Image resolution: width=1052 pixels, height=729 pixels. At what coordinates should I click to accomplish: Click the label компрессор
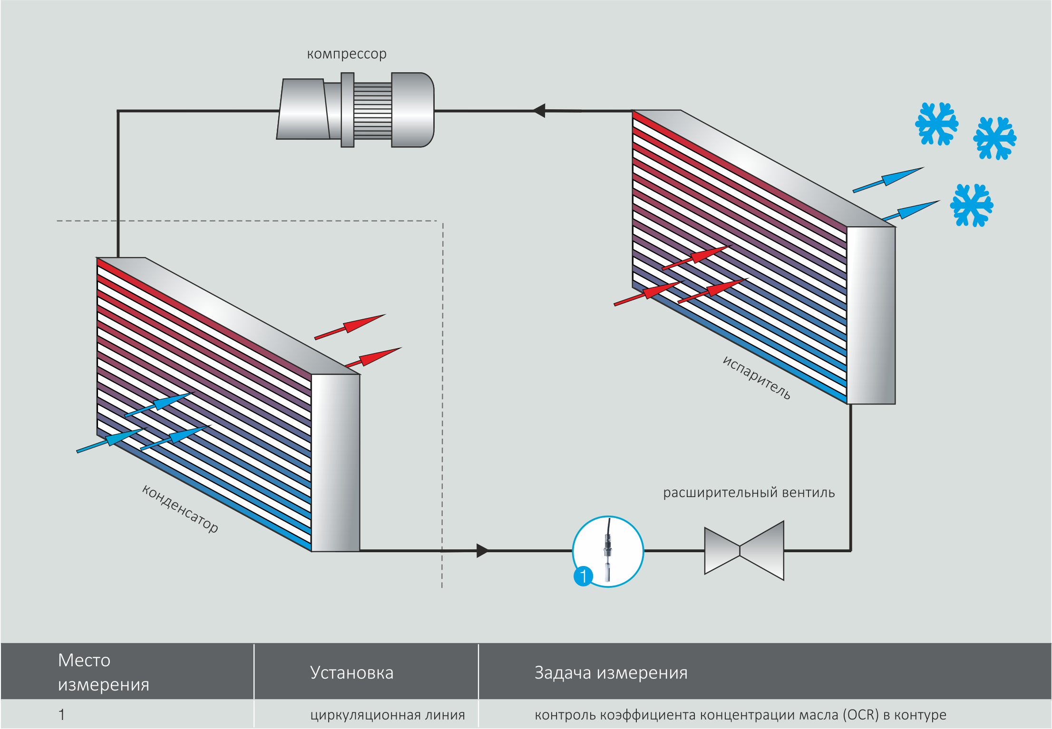[347, 54]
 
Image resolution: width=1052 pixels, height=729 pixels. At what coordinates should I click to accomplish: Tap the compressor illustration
[355, 110]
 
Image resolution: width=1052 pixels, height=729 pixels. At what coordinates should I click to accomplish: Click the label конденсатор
[180, 508]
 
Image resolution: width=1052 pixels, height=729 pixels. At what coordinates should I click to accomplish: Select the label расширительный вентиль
[749, 493]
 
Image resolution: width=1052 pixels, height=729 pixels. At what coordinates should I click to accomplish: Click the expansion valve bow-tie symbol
[744, 551]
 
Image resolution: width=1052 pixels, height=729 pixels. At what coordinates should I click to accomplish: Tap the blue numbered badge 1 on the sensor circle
[583, 576]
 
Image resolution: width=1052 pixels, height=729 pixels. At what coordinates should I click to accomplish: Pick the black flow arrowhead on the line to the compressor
[539, 110]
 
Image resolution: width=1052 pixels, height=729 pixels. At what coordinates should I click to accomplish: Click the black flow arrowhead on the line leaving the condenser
[482, 551]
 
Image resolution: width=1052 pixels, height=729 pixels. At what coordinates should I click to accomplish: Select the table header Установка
[351, 673]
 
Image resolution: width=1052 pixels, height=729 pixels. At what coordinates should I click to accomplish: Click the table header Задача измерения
[611, 673]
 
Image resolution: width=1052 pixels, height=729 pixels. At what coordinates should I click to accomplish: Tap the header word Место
[84, 661]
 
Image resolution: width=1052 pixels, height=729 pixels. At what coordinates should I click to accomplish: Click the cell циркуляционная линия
[387, 715]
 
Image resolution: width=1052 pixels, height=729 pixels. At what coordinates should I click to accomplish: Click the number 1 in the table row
[61, 715]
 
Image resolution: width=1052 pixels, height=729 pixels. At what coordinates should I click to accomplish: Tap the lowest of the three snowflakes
[971, 205]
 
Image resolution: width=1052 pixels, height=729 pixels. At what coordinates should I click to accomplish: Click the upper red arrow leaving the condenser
[350, 326]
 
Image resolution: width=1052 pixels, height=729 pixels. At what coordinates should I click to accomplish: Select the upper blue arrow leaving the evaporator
[888, 180]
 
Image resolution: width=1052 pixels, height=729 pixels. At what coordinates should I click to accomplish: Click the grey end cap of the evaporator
[871, 316]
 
